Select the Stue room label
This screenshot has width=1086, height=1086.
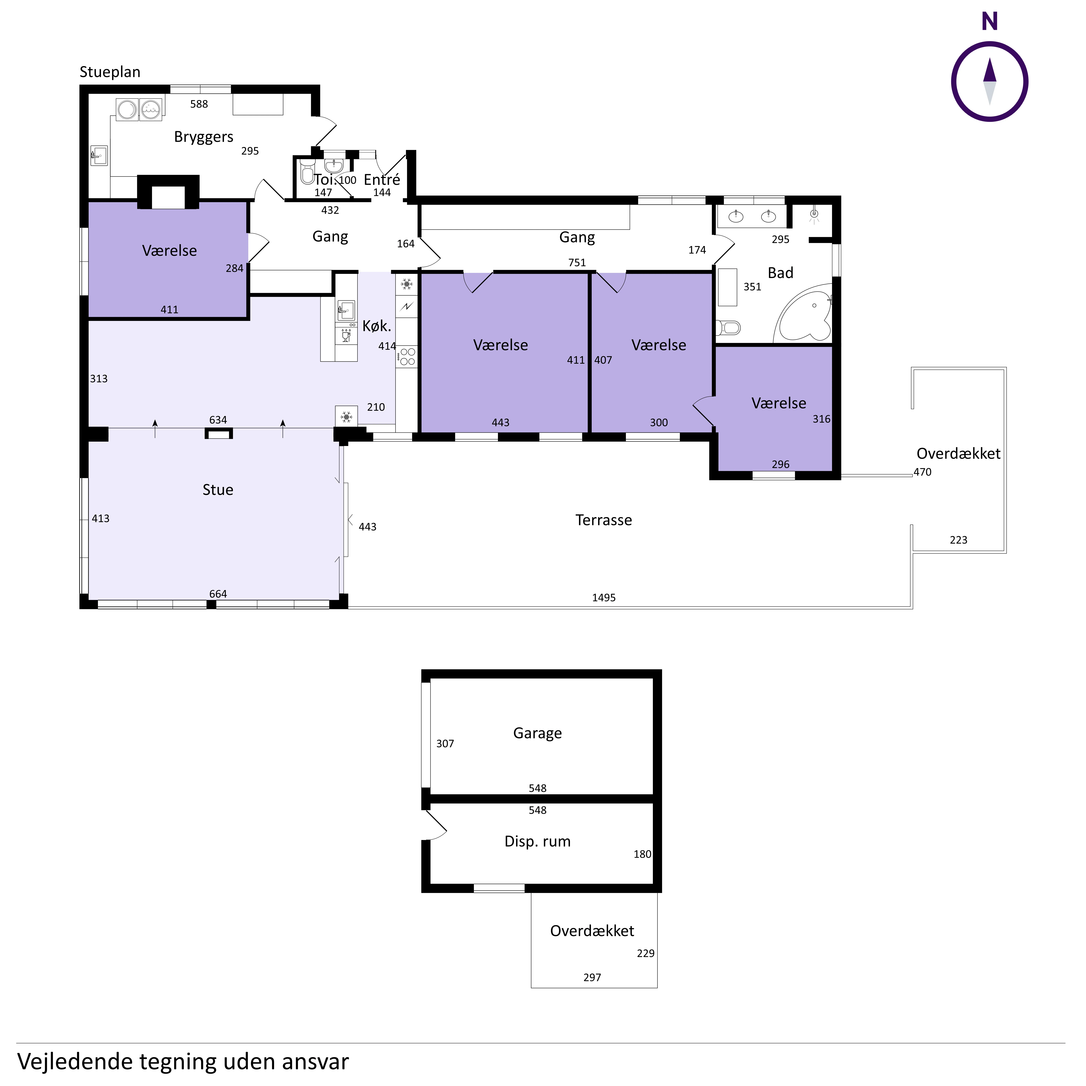point(218,490)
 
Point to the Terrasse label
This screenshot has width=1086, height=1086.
point(604,520)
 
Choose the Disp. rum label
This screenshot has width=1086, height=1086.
point(537,841)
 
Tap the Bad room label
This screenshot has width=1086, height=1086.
point(780,273)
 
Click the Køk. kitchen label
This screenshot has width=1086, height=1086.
point(377,325)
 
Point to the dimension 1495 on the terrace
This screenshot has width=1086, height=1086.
point(604,597)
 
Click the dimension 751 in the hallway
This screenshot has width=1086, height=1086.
point(577,262)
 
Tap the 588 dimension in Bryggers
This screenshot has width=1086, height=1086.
point(199,104)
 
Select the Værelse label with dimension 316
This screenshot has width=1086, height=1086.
point(778,403)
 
